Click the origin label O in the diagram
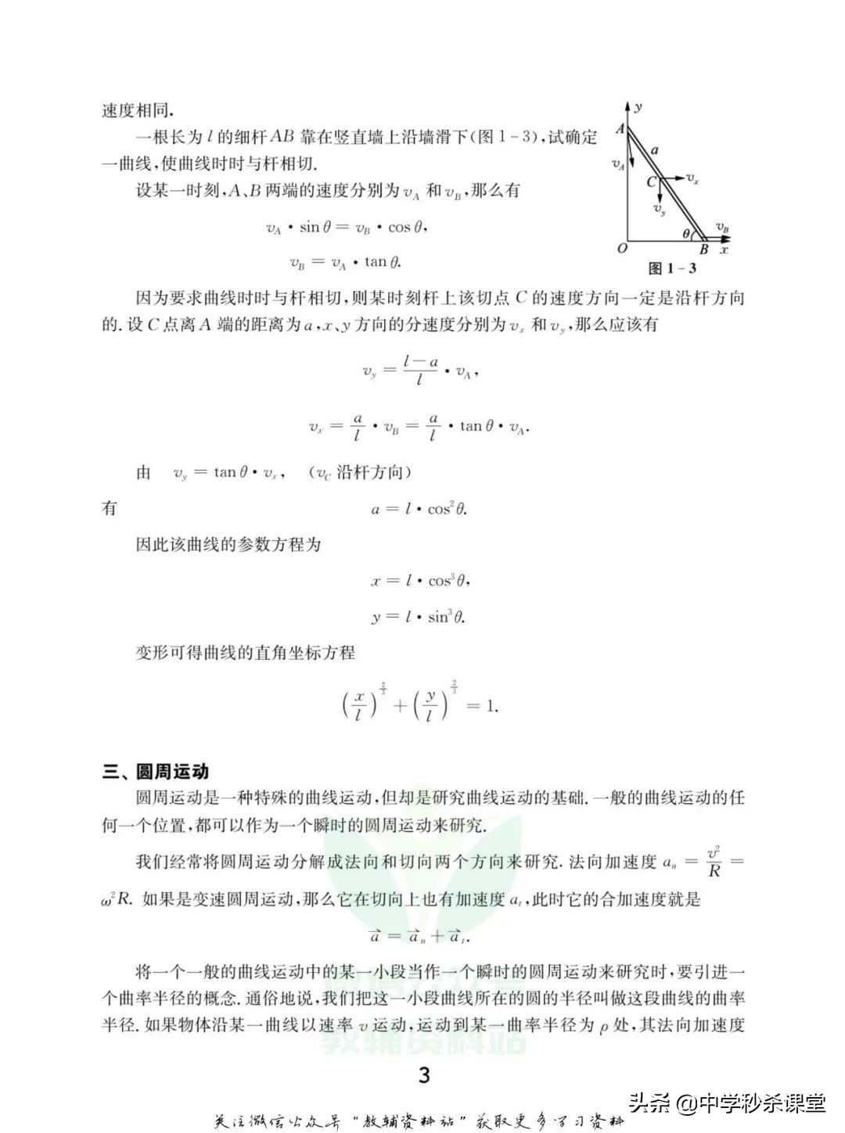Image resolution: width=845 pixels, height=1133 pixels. point(622,249)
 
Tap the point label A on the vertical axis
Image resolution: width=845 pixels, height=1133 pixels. point(620,129)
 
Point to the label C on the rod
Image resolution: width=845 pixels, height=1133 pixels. point(651,182)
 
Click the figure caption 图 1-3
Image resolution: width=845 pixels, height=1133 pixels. point(672,268)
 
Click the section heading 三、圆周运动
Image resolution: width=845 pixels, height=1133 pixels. point(156,772)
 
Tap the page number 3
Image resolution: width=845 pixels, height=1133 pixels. point(424,1075)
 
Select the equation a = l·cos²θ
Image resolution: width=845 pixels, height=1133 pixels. point(419,509)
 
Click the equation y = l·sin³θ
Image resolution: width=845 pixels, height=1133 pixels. point(419,617)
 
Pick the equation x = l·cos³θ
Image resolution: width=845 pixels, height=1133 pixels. point(420,581)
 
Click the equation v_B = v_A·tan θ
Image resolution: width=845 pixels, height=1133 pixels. point(345,263)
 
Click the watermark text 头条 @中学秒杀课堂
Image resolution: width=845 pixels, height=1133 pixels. point(728,1103)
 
